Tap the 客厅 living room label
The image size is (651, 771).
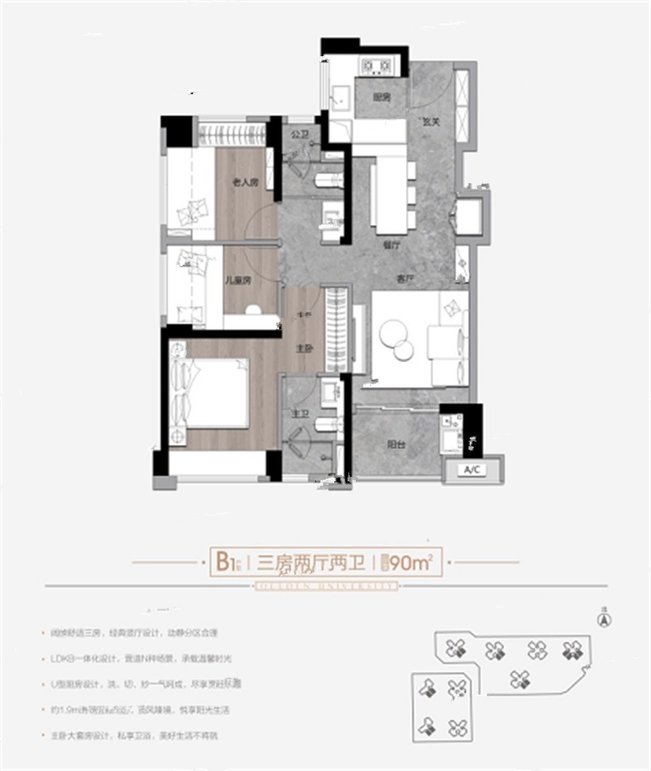coord(405,279)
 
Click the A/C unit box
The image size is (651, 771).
coord(472,470)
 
